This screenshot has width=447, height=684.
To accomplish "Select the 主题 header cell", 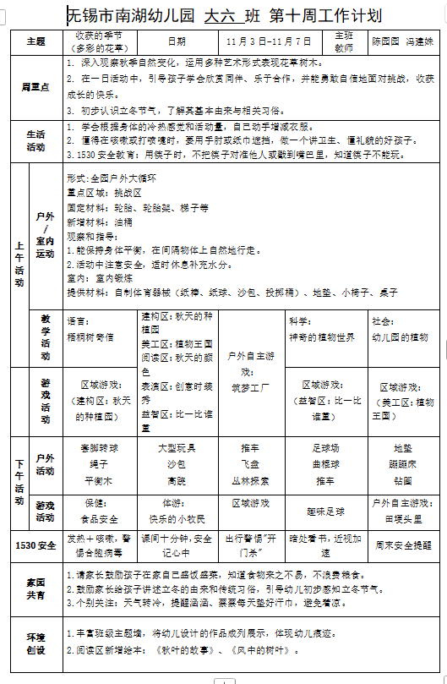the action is (35, 41).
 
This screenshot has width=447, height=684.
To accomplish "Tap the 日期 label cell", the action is (177, 41).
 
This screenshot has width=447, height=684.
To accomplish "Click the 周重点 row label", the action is (35, 86).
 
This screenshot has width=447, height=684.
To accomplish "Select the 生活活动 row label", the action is (35, 140).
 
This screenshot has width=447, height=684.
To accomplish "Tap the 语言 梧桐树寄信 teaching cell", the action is (101, 329).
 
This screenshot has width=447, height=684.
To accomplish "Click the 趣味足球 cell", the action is (325, 512).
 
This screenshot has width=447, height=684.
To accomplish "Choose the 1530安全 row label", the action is (35, 545).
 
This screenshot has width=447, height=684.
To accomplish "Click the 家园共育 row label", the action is (35, 589).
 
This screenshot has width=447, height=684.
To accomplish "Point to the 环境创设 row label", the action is (35, 643).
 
